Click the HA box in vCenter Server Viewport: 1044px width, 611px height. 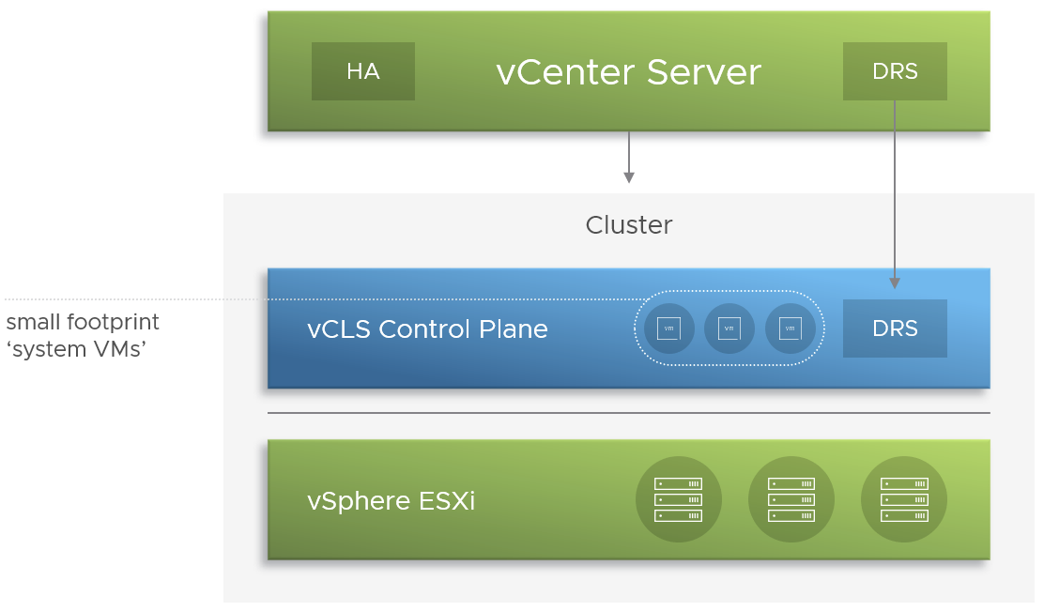point(362,71)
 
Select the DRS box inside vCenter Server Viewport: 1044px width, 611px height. point(895,71)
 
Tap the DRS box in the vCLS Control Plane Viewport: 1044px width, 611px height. point(895,328)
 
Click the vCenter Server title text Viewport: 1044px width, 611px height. point(628,72)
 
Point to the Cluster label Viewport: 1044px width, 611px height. point(628,225)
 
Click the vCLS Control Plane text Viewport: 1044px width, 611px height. point(427,329)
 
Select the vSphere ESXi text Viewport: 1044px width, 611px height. point(391,501)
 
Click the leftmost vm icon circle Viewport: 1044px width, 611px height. point(669,328)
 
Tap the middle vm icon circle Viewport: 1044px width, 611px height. point(729,328)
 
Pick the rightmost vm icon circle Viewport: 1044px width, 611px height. point(791,328)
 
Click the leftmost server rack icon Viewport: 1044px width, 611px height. point(678,499)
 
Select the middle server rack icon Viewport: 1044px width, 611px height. point(791,499)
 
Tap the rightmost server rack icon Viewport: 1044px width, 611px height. point(903,499)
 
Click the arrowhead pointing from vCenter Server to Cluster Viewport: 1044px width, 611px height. point(628,177)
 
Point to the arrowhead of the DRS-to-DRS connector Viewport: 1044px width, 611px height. point(895,283)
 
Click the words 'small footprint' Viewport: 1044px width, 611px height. point(83,322)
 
